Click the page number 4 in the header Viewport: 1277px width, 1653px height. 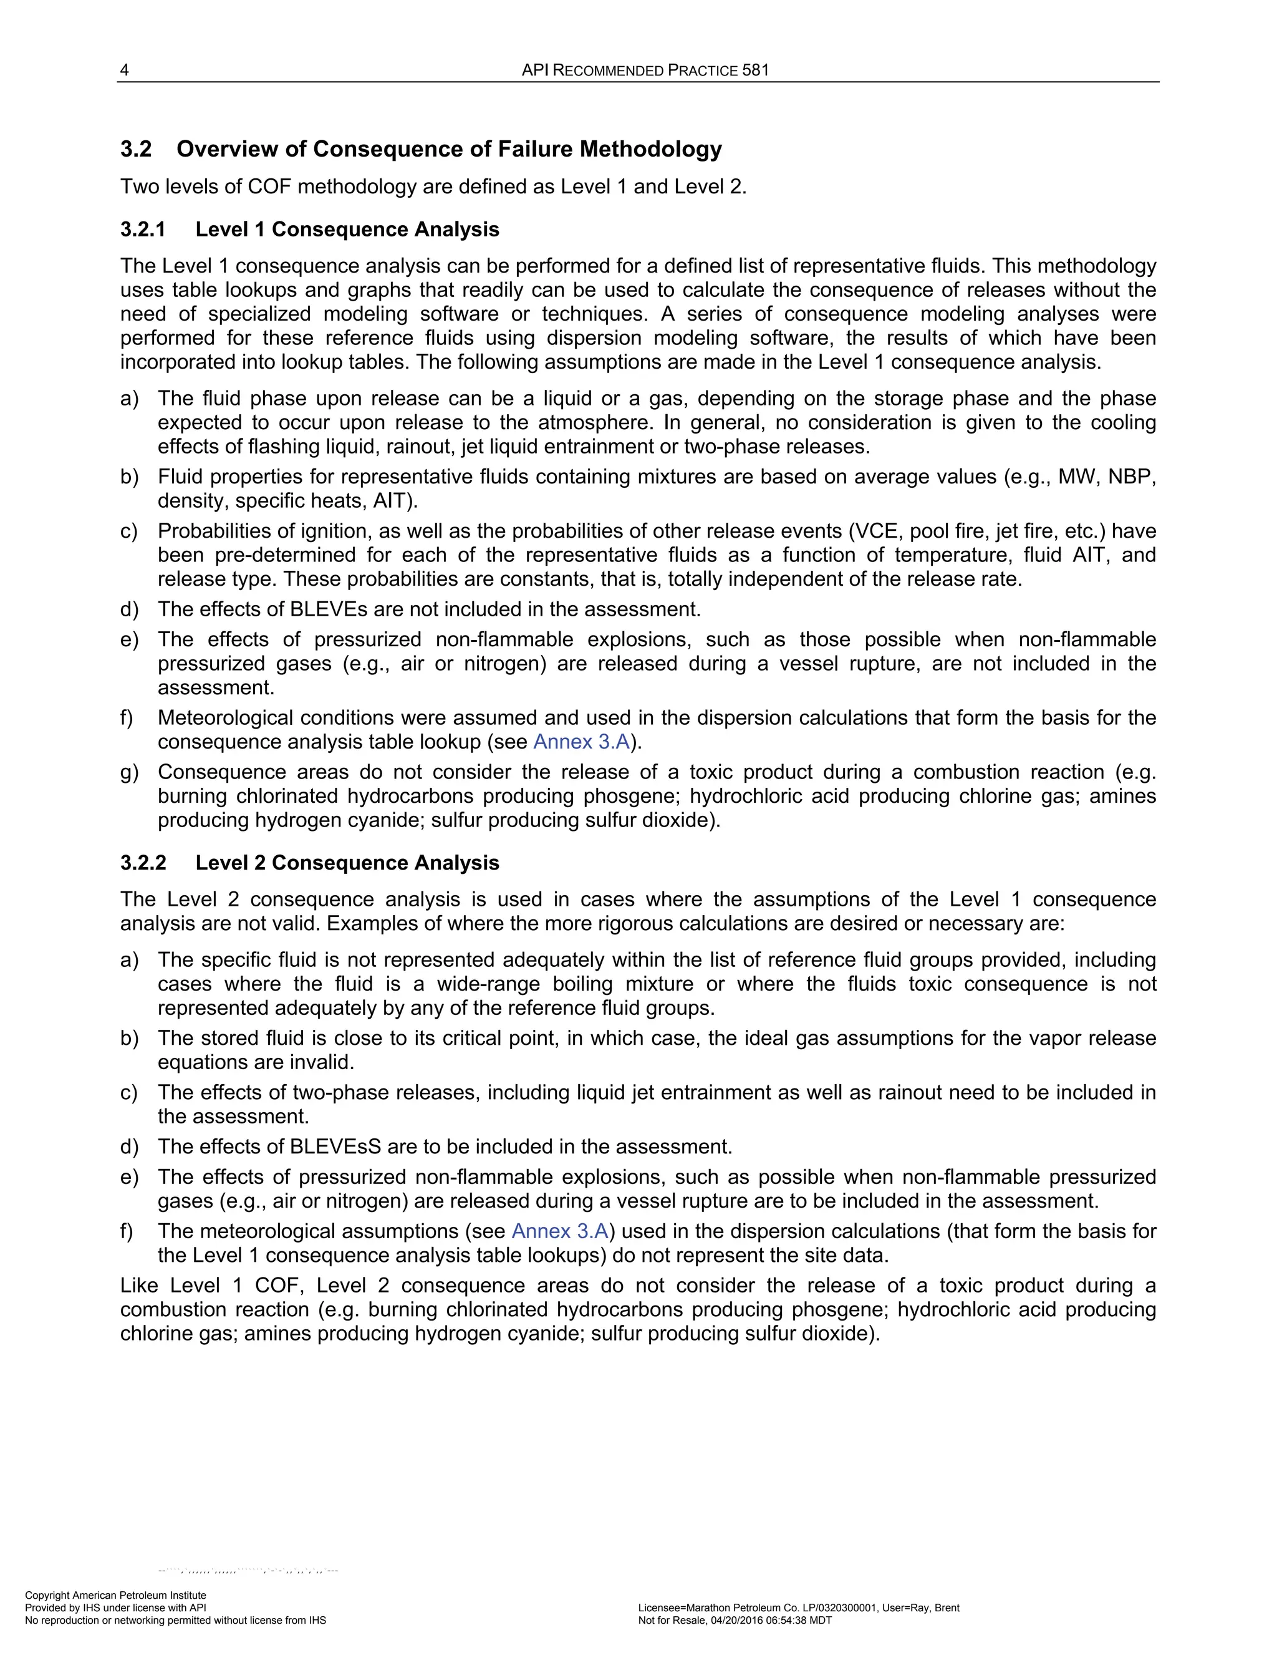[x=125, y=70]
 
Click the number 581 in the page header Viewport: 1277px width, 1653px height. [x=755, y=70]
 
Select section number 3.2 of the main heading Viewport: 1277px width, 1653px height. [x=136, y=149]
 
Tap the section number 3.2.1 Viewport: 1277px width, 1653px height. [x=143, y=230]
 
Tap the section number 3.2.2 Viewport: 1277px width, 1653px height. [x=143, y=863]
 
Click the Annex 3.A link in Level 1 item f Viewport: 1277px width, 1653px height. [x=581, y=742]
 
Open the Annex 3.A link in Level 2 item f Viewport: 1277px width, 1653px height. [x=560, y=1231]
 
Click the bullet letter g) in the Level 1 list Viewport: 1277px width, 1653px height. [x=129, y=772]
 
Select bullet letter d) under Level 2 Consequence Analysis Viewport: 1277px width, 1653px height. [x=129, y=1146]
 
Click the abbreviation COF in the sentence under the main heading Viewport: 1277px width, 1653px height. [x=269, y=187]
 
